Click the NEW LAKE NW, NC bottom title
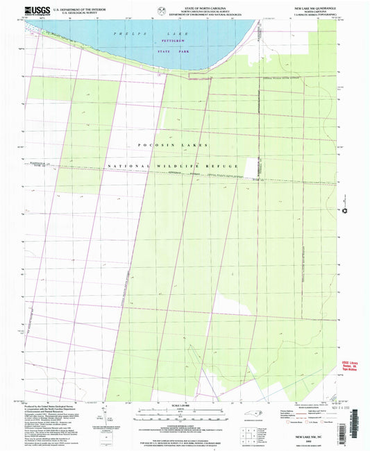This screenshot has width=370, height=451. (313, 439)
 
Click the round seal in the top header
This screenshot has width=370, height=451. (162, 10)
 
